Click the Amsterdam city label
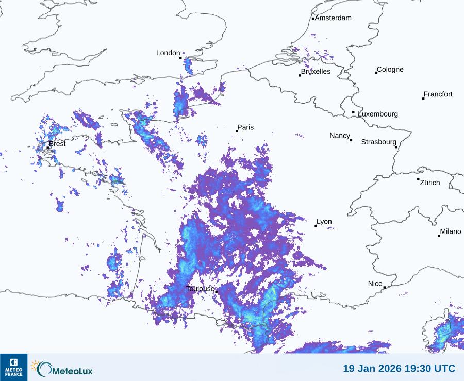point(333,18)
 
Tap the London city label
point(168,53)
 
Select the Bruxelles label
point(316,72)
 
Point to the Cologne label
point(390,70)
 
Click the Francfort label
point(438,94)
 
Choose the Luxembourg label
point(378,114)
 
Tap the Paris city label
point(245,127)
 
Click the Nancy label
point(340,136)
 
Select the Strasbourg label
point(378,142)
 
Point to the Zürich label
point(430,183)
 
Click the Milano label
point(451,231)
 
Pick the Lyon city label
point(324,222)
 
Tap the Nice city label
point(375,284)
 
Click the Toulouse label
point(200,289)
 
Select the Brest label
point(57,144)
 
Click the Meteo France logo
point(13,367)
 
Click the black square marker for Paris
point(237,131)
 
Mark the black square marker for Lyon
point(316,226)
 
